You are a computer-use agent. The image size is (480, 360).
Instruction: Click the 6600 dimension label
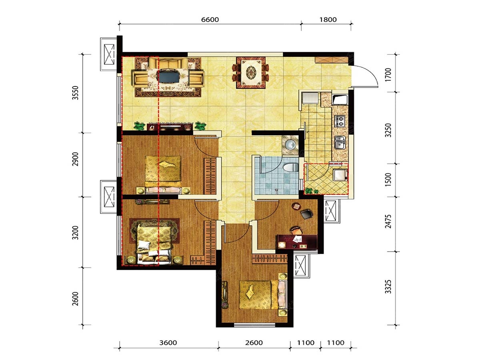tap(210, 20)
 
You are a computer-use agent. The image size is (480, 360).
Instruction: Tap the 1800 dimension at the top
tap(328, 20)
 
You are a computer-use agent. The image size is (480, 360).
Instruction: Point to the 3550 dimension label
tap(75, 93)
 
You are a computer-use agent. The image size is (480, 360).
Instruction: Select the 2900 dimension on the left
tap(75, 159)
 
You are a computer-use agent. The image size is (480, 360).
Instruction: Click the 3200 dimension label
tap(75, 232)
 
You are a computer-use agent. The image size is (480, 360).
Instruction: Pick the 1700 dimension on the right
tap(388, 75)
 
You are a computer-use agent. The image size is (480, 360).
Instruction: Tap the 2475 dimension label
tap(388, 221)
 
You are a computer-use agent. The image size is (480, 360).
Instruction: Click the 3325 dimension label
tap(388, 286)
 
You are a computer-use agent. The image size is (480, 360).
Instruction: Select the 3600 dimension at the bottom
tap(168, 342)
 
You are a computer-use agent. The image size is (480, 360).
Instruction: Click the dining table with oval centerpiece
tap(251, 72)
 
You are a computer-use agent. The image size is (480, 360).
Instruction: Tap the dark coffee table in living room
tap(169, 76)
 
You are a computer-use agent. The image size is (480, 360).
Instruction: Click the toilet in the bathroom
tap(290, 168)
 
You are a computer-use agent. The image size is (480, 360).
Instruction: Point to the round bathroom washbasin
tap(291, 145)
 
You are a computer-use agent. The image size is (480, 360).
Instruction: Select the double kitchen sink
tap(340, 142)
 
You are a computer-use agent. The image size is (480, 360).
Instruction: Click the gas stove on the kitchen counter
tap(340, 121)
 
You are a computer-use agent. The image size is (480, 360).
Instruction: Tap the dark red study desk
tap(297, 242)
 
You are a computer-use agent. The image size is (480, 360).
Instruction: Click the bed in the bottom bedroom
tap(262, 295)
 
